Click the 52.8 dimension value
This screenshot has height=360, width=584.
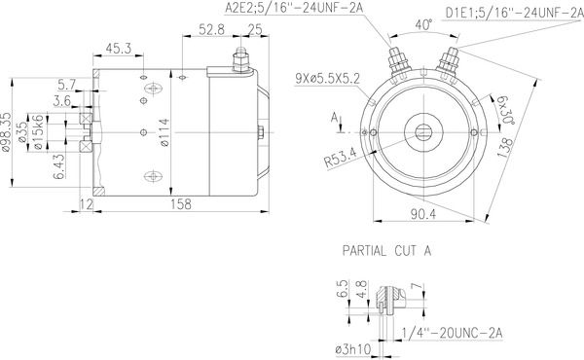[211, 29]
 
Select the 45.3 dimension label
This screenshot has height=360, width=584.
[119, 49]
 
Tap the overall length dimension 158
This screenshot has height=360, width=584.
[181, 204]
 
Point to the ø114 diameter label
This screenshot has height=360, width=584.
[164, 132]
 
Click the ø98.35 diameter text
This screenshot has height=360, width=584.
[7, 132]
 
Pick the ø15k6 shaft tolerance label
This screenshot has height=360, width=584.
[39, 132]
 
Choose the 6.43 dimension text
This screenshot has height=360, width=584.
[59, 166]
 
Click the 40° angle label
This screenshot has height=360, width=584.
[424, 24]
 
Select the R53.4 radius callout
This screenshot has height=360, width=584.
[340, 157]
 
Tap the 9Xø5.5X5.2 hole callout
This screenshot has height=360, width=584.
[327, 79]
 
